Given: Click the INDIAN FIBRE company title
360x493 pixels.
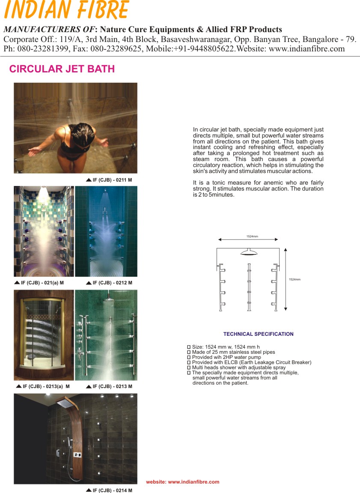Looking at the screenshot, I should [x=66, y=10].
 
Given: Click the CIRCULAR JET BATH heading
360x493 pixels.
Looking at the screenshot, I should [x=62, y=69].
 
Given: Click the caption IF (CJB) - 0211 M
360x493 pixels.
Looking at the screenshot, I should [x=112, y=180].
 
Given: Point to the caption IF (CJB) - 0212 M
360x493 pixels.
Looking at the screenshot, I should [x=112, y=283].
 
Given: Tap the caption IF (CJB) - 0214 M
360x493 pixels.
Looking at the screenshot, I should [x=112, y=490].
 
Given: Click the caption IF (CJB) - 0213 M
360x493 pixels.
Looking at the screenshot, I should [x=112, y=386].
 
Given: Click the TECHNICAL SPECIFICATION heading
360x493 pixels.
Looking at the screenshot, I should [x=259, y=334].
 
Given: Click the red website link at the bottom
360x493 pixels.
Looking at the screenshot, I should [x=183, y=482].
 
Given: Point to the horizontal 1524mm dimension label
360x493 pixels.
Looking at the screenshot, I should [x=252, y=236].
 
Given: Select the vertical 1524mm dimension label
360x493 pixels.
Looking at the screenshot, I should [x=295, y=279].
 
